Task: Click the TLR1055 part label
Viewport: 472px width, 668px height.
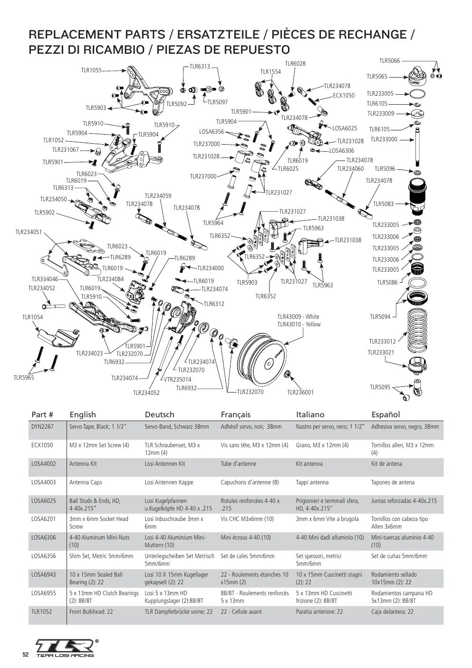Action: [91, 70]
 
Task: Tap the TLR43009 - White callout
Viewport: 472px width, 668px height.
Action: [298, 316]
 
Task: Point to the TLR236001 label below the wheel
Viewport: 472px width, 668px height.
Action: [300, 392]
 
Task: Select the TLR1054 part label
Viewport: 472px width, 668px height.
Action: [32, 317]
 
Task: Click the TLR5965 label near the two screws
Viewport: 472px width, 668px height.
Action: [24, 378]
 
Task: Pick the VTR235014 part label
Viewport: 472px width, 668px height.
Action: [178, 379]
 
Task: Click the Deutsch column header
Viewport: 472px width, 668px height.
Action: [159, 414]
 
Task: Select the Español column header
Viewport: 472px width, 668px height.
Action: [385, 415]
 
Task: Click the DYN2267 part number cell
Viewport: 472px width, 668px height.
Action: [42, 426]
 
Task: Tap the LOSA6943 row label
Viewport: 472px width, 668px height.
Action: [44, 574]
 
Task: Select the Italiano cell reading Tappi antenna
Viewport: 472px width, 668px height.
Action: [312, 482]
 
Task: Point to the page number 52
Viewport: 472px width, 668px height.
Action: [26, 655]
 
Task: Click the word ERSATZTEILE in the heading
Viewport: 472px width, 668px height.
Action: [218, 35]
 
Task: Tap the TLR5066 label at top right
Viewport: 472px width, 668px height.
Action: [389, 60]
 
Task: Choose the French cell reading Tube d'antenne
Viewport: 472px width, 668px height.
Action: [239, 464]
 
